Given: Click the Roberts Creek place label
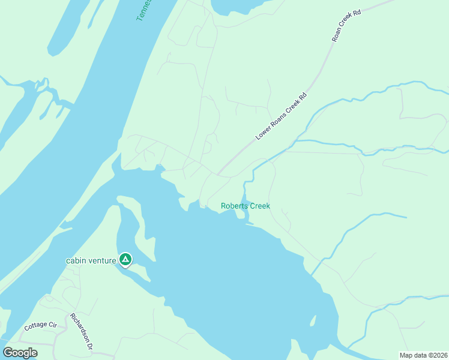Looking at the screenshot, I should (245, 206).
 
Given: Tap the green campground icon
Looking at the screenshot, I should (125, 259).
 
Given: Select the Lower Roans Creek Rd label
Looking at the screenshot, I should (281, 116).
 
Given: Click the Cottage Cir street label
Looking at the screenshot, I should (40, 326).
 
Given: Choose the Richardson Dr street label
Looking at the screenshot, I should (82, 331).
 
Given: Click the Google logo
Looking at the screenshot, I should (20, 352).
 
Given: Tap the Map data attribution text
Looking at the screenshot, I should (423, 355).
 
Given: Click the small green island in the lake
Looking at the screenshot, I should (312, 321).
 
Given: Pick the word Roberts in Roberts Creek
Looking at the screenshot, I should (234, 206).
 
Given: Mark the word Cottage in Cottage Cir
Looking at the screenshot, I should (35, 328).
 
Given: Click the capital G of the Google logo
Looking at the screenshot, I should (8, 352).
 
